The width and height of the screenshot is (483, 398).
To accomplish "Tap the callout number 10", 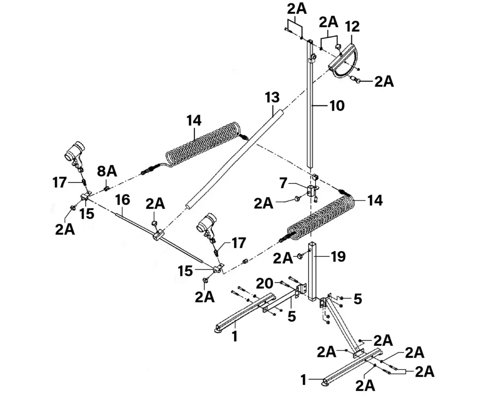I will [337, 105].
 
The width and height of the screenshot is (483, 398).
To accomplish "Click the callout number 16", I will [123, 200].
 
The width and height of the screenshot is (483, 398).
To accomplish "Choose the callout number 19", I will [338, 257].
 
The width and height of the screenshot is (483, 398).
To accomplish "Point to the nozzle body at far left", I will [74, 152].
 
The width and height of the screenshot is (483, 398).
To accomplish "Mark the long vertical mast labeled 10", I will [310, 110].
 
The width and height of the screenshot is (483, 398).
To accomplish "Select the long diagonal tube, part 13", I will [235, 158].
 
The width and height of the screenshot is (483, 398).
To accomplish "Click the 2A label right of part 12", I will [384, 81].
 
